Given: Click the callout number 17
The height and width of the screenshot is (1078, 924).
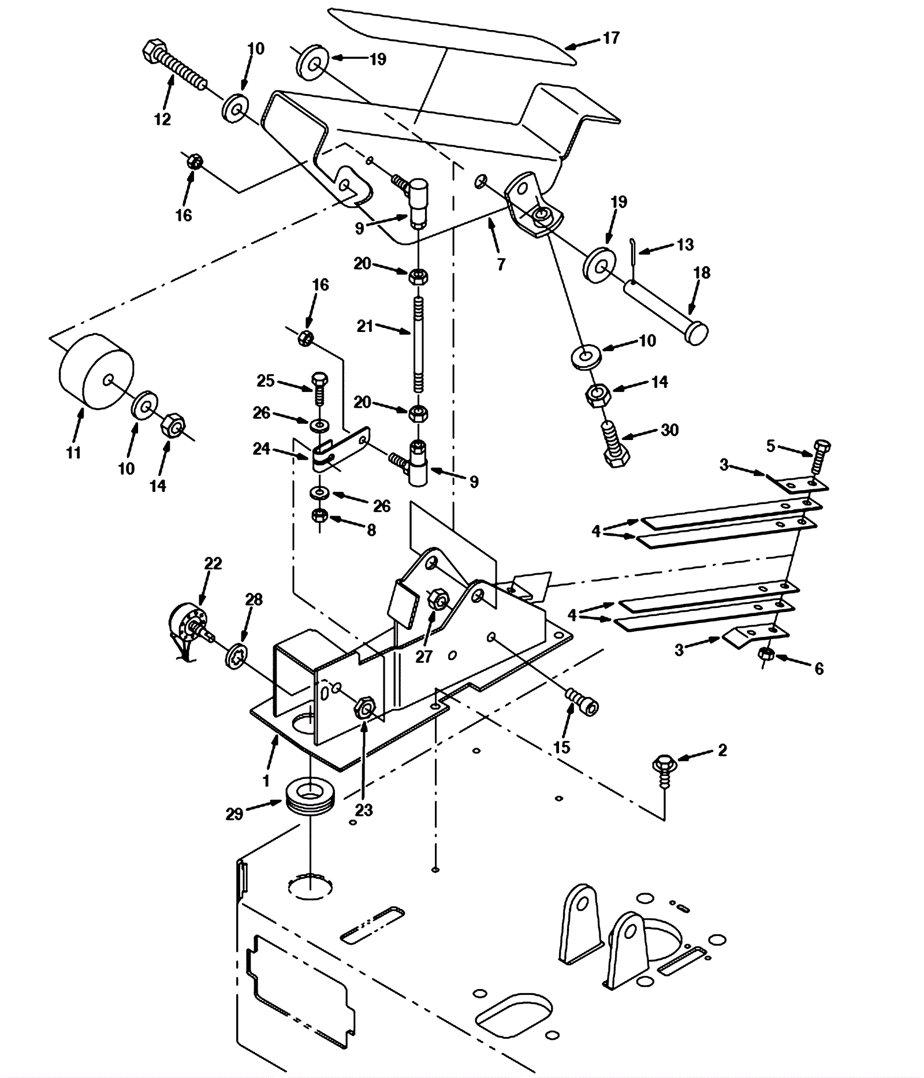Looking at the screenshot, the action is [x=610, y=38].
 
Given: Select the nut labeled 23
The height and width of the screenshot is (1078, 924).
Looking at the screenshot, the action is [x=364, y=707].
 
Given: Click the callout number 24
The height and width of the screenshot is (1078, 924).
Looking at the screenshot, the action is [x=262, y=449].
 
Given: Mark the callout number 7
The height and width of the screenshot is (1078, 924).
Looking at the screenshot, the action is [x=501, y=264].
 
